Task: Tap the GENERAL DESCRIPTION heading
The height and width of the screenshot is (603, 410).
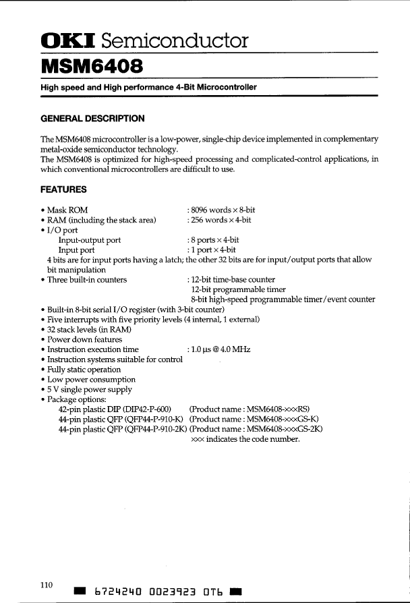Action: click(x=93, y=119)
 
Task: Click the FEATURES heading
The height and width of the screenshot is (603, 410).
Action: click(x=64, y=190)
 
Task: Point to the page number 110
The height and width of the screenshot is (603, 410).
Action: click(x=46, y=584)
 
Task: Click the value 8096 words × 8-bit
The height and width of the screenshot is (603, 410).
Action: click(x=221, y=210)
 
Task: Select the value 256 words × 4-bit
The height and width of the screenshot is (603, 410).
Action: click(x=219, y=220)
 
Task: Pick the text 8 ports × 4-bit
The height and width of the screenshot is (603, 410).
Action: click(x=213, y=239)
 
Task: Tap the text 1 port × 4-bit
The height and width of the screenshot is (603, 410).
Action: click(x=211, y=250)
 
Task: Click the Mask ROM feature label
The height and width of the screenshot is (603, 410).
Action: click(x=67, y=210)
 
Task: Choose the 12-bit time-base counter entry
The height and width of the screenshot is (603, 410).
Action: click(x=233, y=279)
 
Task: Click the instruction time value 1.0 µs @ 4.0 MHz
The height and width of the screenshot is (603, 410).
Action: click(x=218, y=349)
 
